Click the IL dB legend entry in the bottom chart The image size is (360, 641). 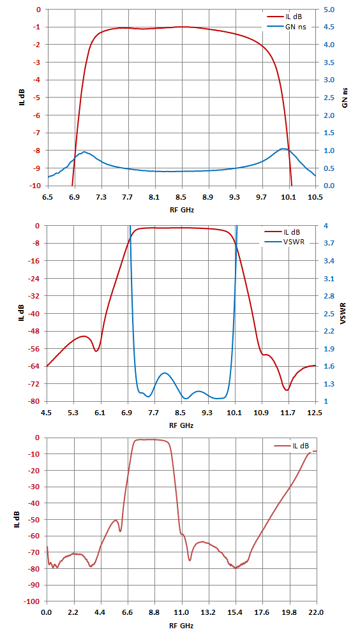tap(292, 445)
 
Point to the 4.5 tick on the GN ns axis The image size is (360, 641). tap(329, 27)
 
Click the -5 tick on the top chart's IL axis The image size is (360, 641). tap(39, 98)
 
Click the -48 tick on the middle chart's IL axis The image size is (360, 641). tap(37, 331)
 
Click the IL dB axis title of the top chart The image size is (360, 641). tap(20, 98)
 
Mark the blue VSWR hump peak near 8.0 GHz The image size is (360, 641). tap(165, 373)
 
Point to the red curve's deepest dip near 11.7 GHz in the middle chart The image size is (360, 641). tap(287, 390)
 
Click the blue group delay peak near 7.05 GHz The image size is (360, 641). tap(84, 152)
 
